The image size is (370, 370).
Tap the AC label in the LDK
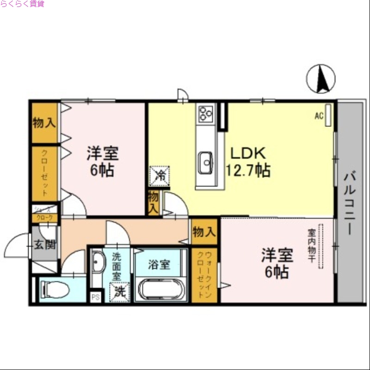coord(319,116)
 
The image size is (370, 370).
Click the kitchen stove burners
coord(205,113)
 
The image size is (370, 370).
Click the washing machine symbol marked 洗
coord(119,291)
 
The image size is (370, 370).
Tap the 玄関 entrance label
coord(44,244)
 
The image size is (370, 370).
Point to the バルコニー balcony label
coord(350,203)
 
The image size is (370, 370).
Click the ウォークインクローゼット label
coord(205,275)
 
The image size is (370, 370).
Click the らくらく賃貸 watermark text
coord(22,4)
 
